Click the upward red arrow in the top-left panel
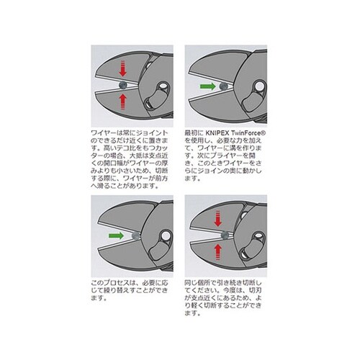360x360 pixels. pyautogui.click(x=123, y=98)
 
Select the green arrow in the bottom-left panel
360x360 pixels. pyautogui.click(x=113, y=235)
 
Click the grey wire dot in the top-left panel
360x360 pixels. pyautogui.click(x=124, y=84)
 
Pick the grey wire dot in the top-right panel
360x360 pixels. pyautogui.click(x=225, y=86)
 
